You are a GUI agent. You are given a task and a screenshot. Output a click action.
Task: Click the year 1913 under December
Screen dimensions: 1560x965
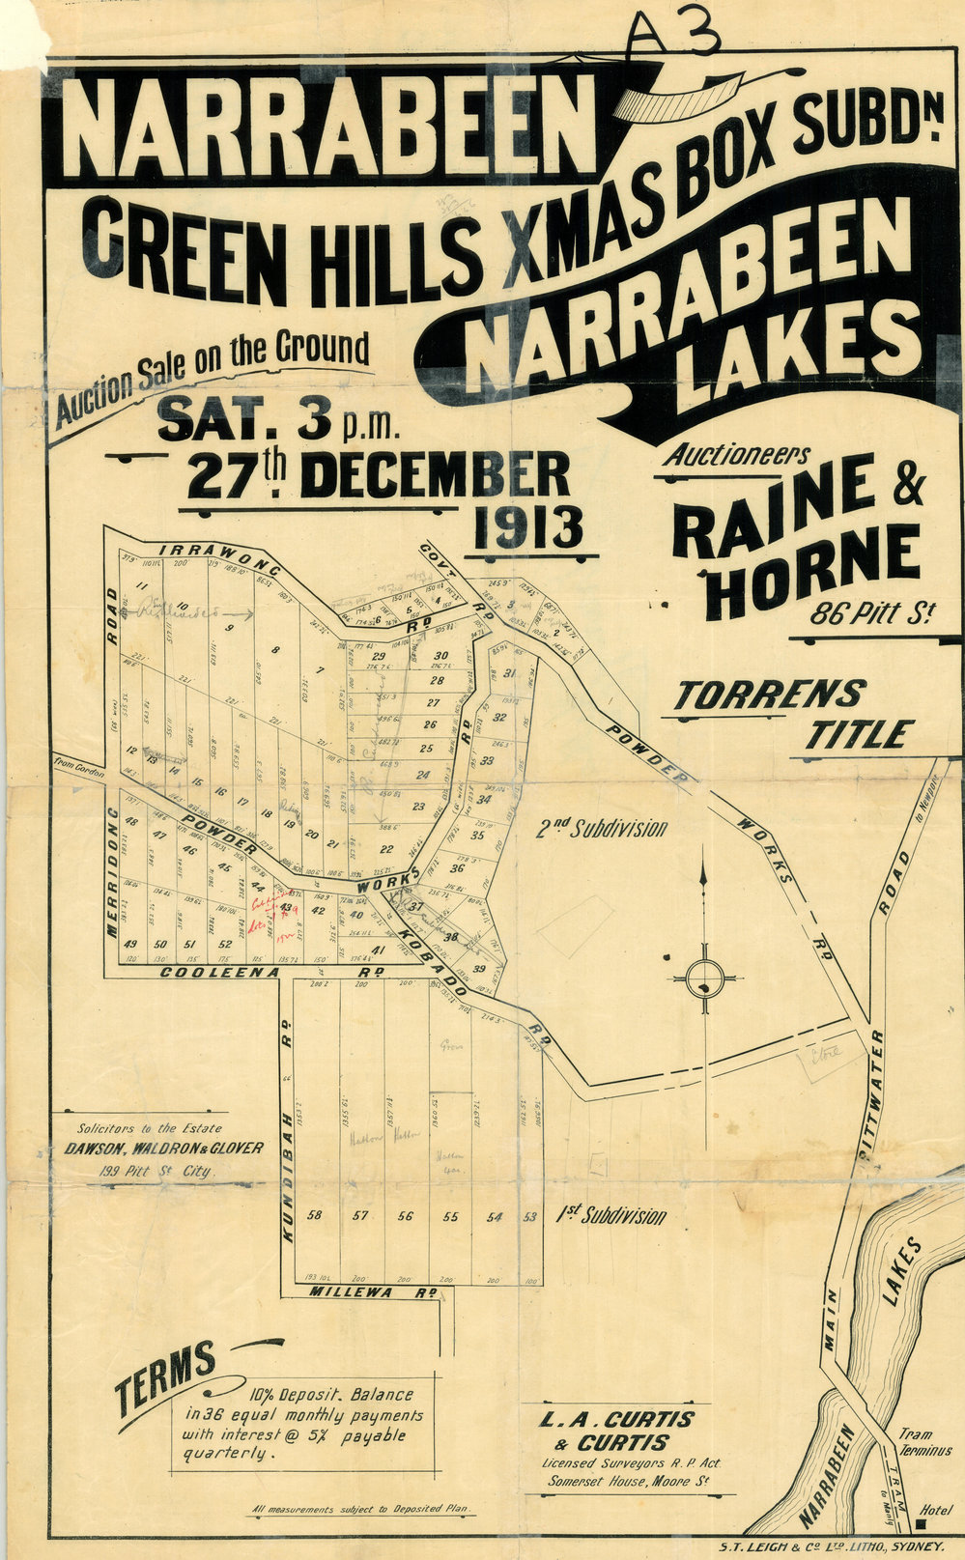click(528, 527)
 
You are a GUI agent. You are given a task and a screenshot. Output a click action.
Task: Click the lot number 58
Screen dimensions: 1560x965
click(314, 1215)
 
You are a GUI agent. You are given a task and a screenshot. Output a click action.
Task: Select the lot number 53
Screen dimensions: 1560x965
click(529, 1217)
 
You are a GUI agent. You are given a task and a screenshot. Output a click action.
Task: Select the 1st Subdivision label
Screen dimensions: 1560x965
click(610, 1216)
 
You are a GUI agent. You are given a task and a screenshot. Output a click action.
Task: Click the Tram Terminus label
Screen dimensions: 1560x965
click(923, 1443)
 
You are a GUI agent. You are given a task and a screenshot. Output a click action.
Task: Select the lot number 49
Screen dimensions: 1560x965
click(130, 944)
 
